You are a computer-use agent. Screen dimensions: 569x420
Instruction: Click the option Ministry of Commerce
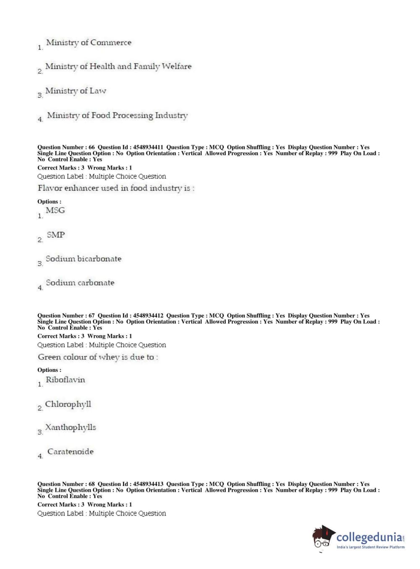click(89, 43)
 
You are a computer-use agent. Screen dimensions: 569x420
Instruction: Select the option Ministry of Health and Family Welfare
click(118, 67)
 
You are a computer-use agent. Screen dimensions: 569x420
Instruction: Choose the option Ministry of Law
click(76, 91)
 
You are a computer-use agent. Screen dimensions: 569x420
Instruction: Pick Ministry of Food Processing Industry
click(117, 115)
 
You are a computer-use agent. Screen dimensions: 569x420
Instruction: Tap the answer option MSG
click(55, 211)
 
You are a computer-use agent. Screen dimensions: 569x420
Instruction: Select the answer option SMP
click(56, 235)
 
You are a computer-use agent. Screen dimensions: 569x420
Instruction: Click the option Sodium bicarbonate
click(83, 259)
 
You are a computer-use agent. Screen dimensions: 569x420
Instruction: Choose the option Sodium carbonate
click(80, 283)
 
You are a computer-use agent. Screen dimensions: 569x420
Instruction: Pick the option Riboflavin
click(65, 380)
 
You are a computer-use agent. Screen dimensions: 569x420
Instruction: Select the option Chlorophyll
click(68, 404)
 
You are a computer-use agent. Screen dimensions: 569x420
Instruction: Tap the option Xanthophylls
click(70, 428)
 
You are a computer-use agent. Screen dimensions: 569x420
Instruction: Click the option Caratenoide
click(70, 452)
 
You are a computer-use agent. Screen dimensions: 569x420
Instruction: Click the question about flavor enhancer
click(116, 188)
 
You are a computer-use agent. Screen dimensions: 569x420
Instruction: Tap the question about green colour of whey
click(98, 357)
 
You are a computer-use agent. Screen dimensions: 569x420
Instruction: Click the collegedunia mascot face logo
click(323, 538)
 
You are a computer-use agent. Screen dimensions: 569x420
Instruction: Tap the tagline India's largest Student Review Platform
click(370, 547)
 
